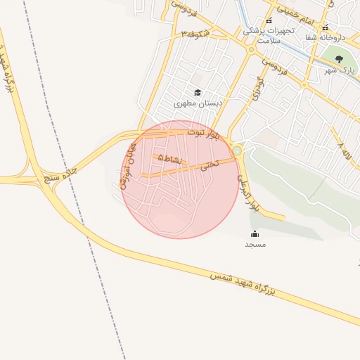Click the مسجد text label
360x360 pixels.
click(255, 244)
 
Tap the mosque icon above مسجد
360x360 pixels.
click(255, 233)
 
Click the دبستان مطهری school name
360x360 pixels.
click(198, 103)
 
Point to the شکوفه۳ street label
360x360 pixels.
click(195, 32)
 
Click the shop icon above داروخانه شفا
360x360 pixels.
click(325, 28)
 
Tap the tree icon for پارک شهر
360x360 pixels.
click(340, 59)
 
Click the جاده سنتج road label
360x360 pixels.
click(60, 172)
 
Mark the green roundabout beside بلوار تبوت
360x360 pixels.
click(238, 150)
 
